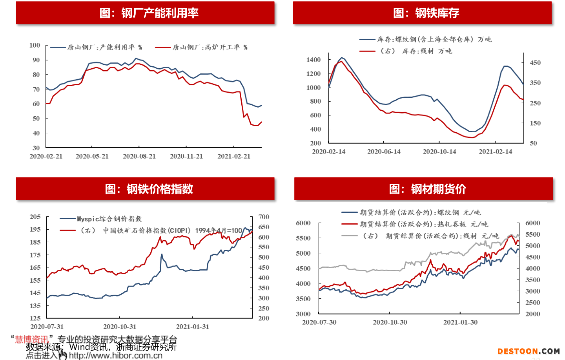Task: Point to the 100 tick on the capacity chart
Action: (x=35, y=45)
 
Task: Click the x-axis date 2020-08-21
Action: (x=139, y=156)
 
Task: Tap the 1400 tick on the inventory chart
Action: (x=313, y=60)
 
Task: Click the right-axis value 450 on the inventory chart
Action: (x=535, y=63)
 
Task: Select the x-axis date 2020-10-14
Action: (x=439, y=152)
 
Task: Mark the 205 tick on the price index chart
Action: (x=35, y=217)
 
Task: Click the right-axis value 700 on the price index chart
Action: (x=264, y=217)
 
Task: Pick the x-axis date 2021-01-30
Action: (x=461, y=322)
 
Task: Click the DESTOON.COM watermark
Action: (x=529, y=351)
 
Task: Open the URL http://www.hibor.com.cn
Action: (x=116, y=356)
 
